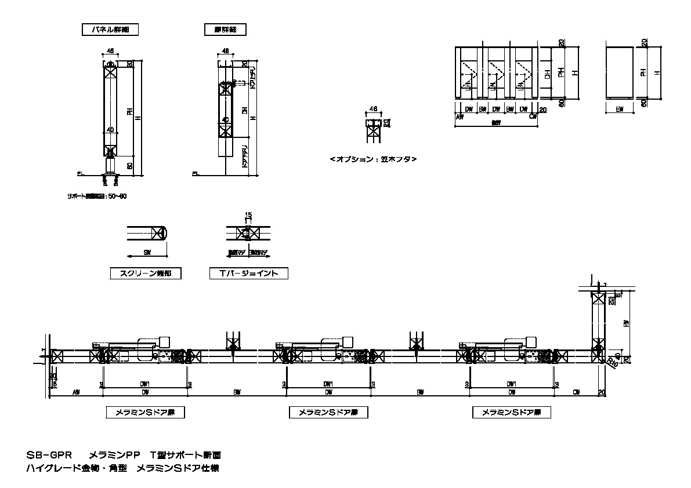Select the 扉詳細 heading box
coord(225,29)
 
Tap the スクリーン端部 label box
coord(145,273)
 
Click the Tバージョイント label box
coord(249,273)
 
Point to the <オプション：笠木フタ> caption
coord(373,159)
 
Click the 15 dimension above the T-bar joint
coord(248,215)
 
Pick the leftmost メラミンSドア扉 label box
coord(145,413)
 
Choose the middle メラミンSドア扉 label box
coord(329,413)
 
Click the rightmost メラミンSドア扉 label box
coord(512,413)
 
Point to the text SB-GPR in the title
coord(48,455)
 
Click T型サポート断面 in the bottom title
coord(185,455)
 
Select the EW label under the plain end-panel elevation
coord(619,109)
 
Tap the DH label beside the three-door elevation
coord(548,74)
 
